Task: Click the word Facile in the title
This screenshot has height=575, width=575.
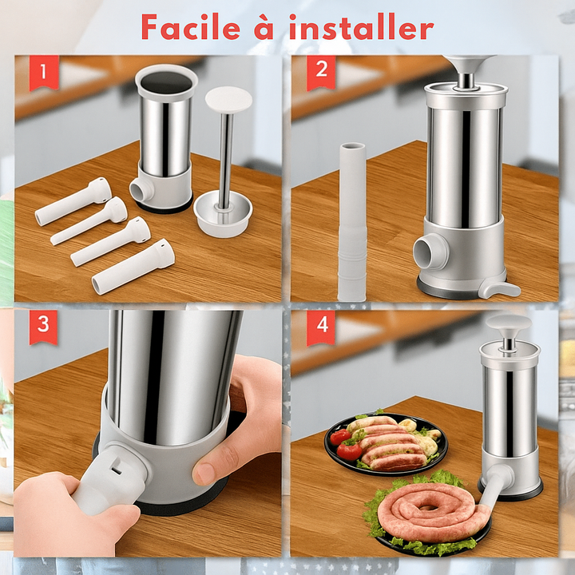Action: pos(191,27)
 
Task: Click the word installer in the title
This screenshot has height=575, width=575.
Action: pos(362,27)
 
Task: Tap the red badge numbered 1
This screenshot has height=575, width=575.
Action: pos(44,72)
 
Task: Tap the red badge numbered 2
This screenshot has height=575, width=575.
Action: pos(321,72)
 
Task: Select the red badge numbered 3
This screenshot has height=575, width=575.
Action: pos(43,327)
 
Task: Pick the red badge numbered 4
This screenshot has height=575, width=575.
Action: pos(321,327)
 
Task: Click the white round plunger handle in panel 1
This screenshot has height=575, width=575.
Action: pos(228,100)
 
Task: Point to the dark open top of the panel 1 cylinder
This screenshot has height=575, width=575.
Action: pos(166,82)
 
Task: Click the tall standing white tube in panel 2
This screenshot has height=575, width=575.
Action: pos(352,222)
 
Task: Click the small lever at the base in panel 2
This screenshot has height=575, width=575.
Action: pos(499,290)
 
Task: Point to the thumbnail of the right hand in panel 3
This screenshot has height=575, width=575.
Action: pos(204,473)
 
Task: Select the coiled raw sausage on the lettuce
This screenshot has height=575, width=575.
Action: pos(433,514)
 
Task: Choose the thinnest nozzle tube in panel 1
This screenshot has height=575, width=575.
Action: pos(89,221)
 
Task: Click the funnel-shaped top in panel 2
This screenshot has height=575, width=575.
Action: pos(467,67)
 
